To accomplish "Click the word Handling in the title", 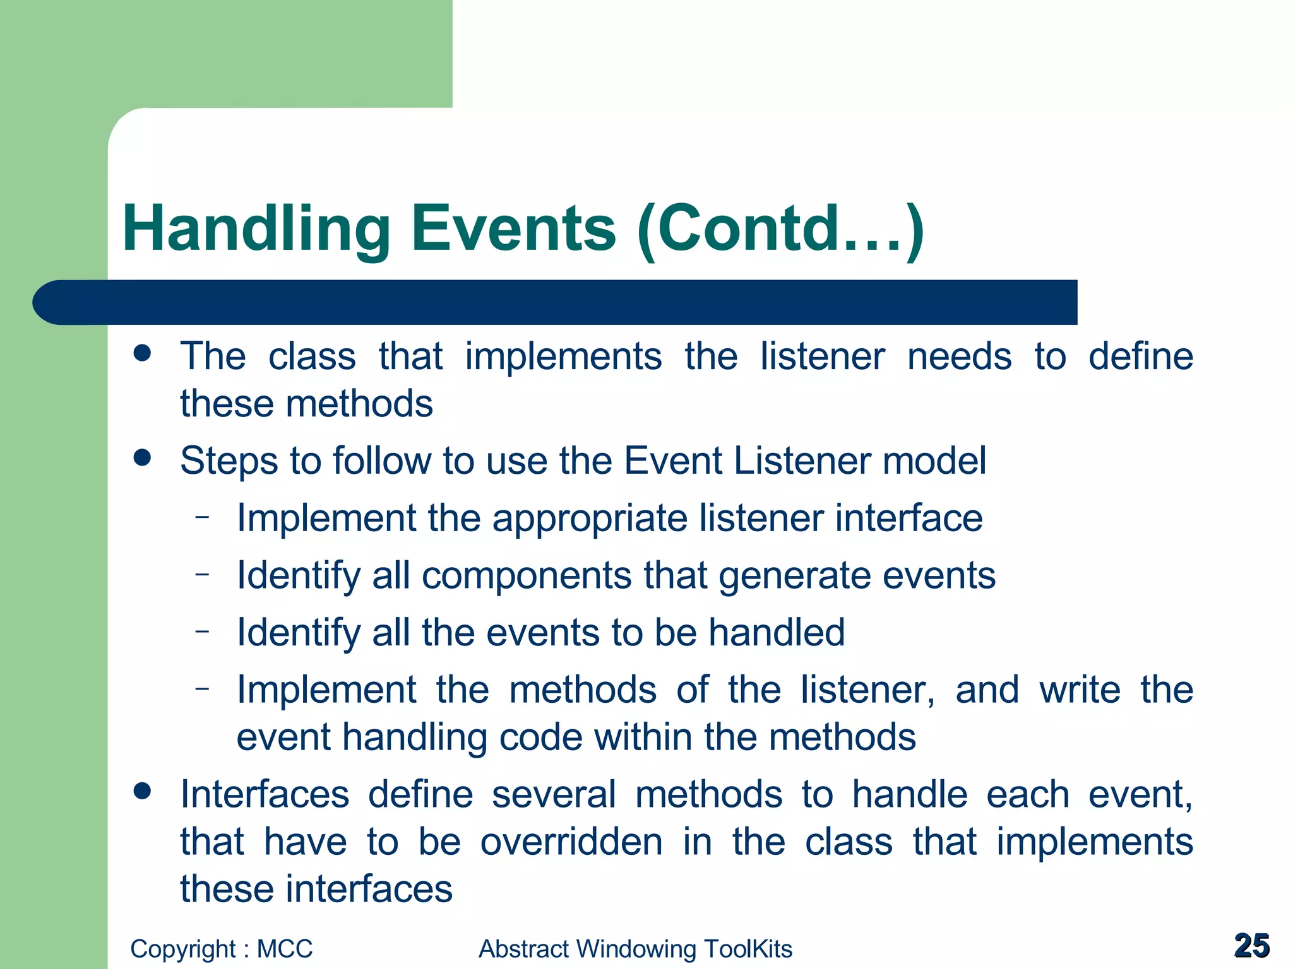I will coord(256,228).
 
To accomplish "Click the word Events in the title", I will coord(513,228).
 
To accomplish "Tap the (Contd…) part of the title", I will coord(780,228).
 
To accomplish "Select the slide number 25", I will coord(1251,946).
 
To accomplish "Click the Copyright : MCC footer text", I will coord(221,949).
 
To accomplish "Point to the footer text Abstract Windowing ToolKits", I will coord(635,949).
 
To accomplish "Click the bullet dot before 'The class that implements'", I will coord(143,353).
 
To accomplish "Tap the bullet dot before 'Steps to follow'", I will coord(143,457).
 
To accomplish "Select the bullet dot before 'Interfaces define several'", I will coord(143,790).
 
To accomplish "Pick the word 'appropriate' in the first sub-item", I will coord(590,519).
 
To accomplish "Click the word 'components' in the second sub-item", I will coord(526,576).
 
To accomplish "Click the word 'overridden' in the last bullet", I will coord(571,842).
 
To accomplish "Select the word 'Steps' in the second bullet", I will coord(229,461).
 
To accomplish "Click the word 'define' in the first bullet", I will coord(1140,356).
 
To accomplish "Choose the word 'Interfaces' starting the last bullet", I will coord(265,794).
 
